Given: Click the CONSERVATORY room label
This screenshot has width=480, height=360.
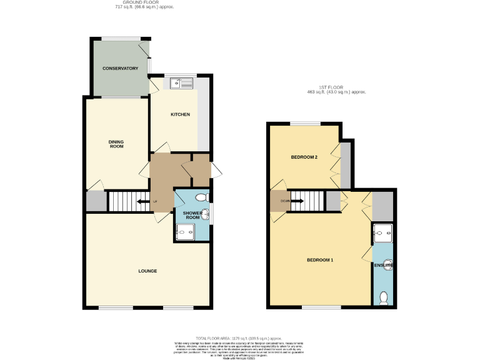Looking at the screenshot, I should coord(120,68).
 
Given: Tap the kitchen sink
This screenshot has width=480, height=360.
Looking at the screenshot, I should coord(177,82).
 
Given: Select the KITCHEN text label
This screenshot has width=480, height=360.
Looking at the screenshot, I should coord(180,114).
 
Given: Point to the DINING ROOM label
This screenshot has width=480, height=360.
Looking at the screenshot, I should coord(117,144).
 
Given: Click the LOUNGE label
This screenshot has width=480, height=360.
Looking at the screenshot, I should coord(147,271).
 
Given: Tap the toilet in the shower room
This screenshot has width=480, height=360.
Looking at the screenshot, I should coord(201,197).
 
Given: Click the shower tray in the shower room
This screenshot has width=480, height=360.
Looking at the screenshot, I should coord(185,233).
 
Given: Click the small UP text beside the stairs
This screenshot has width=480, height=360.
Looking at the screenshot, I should coord(155,201).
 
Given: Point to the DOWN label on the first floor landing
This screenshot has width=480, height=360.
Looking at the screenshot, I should coord(284,201).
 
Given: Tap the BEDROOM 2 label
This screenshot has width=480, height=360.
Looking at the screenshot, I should coord(304,157).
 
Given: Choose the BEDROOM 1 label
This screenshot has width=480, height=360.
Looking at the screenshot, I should coord(319,259).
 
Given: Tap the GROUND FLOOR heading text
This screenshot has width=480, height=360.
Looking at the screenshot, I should coord(145,3).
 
